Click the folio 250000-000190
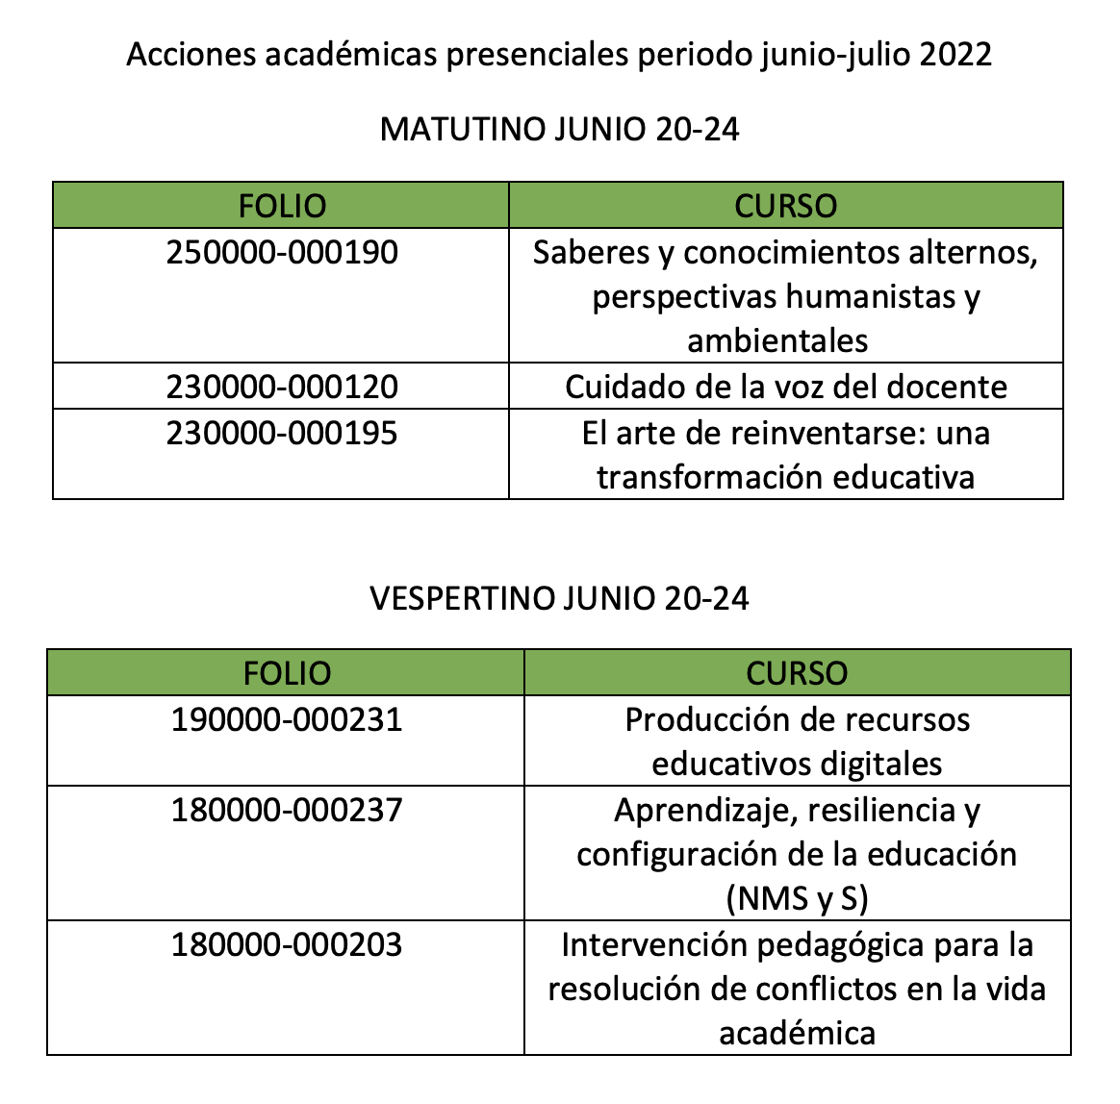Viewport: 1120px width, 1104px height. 281,252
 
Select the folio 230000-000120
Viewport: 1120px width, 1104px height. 281,387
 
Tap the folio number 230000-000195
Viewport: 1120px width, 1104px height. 281,433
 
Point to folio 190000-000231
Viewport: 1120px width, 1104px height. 287,719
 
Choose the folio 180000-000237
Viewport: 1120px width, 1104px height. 287,810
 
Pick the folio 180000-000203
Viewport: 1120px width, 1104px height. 287,944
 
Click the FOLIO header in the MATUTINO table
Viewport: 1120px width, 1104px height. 282,206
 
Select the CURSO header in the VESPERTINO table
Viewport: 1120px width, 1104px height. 797,673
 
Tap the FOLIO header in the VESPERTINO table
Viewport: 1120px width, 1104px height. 287,673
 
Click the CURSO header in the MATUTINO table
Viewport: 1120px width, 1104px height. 785,206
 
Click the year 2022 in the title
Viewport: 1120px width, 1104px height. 955,55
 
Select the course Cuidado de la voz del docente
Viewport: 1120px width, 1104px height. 785,387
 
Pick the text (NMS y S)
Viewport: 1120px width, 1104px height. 797,899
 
